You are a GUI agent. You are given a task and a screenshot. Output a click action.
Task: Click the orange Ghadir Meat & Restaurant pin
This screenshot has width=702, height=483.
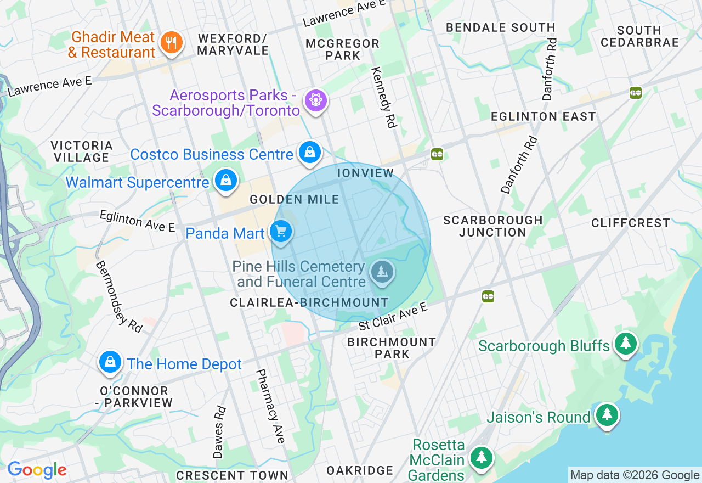(x=171, y=42)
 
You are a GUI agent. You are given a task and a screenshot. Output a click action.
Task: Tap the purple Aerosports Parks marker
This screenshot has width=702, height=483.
(x=316, y=100)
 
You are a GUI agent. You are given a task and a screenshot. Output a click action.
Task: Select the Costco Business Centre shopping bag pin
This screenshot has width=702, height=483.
(x=309, y=153)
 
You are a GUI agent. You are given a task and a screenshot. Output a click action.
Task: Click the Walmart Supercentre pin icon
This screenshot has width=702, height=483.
(x=225, y=179)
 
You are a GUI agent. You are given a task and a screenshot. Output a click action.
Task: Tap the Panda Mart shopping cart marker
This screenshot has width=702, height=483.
(x=281, y=232)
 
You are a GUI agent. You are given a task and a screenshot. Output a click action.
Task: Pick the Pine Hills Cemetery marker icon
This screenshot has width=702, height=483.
(x=382, y=272)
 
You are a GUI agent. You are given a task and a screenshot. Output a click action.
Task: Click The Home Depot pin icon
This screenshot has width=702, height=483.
(x=110, y=362)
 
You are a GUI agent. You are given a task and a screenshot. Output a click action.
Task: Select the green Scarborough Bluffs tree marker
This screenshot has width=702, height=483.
(x=625, y=344)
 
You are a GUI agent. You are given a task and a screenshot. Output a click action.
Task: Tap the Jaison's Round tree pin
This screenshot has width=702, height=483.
(x=607, y=415)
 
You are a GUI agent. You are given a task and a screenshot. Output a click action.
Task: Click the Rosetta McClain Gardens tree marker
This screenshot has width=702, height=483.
(x=481, y=457)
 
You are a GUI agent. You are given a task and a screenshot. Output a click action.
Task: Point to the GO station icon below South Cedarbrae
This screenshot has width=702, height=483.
(x=636, y=93)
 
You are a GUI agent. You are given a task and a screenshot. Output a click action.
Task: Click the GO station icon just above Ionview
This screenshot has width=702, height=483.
(x=437, y=154)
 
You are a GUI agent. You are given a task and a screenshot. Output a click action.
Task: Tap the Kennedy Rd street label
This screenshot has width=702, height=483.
(x=383, y=98)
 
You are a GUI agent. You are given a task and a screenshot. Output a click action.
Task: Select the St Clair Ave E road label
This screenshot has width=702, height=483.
(x=393, y=317)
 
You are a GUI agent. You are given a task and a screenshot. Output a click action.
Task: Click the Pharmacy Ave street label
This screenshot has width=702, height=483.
(x=271, y=406)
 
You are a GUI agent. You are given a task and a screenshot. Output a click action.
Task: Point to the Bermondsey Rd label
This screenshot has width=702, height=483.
(x=119, y=296)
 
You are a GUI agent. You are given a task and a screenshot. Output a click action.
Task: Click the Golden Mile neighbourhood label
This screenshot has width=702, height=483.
(x=295, y=200)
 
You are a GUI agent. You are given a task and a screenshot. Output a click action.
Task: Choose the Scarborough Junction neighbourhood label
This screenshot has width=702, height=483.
(x=492, y=226)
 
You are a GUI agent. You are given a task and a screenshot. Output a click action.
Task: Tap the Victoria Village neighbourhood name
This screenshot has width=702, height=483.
(x=82, y=151)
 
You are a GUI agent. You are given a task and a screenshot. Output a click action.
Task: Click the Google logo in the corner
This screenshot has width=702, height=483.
(x=37, y=470)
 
